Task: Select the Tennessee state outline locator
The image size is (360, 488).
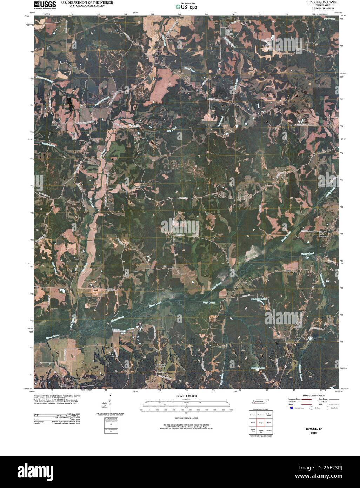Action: point(259,402)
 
